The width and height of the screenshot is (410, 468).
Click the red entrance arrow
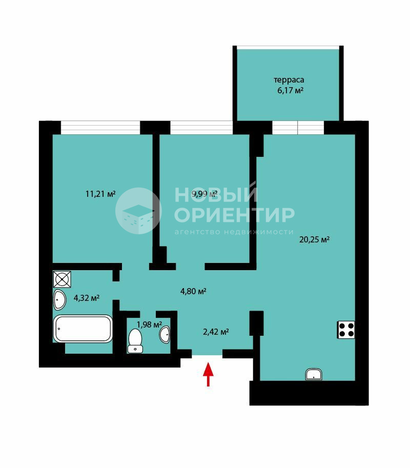(208, 374)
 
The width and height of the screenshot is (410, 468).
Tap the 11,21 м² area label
(100, 194)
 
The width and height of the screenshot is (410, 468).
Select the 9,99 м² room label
(204, 194)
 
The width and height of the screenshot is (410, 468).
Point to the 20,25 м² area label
(314, 240)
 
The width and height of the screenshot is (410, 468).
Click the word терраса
(289, 80)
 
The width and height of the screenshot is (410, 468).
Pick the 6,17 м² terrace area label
(291, 90)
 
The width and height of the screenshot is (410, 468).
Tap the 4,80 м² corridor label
(193, 291)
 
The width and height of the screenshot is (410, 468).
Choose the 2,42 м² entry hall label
(216, 332)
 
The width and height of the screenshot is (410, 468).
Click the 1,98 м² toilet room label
(149, 324)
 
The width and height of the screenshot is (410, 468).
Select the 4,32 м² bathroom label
(87, 298)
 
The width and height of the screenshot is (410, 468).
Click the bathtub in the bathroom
(83, 329)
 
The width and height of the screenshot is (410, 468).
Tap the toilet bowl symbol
(135, 340)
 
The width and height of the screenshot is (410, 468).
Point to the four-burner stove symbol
(346, 330)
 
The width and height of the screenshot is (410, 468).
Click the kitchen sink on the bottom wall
(314, 375)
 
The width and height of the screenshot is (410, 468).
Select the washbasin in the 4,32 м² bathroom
(59, 300)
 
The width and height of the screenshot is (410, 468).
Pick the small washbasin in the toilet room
(165, 334)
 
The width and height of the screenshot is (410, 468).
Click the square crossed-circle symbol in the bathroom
(62, 279)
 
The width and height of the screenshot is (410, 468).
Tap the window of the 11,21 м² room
(100, 128)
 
